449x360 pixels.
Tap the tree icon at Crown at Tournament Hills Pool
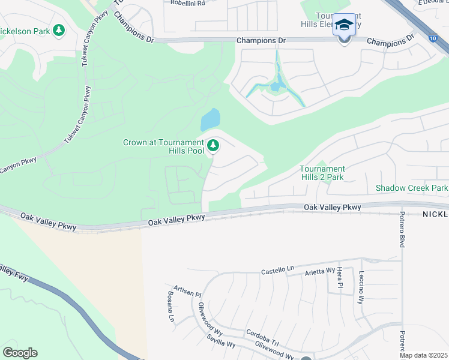click(212, 145)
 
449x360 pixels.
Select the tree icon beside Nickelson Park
click(59, 29)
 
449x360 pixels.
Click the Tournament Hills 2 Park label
click(322, 173)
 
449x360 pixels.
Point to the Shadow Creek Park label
click(412, 188)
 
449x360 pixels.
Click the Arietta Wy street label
click(321, 271)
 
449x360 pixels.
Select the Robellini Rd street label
click(187, 3)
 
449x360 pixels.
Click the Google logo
click(20, 353)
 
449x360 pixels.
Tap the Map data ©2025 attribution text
click(423, 355)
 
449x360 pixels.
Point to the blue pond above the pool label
click(210, 119)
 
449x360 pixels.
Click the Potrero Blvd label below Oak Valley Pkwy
click(402, 230)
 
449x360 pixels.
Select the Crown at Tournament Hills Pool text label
click(163, 146)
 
